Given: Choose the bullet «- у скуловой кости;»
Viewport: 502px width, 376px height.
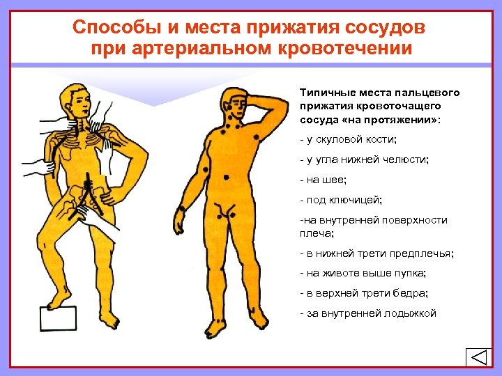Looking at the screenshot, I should pos(347,139).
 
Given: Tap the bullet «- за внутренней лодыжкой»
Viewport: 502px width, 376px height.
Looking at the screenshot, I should pos(367,313).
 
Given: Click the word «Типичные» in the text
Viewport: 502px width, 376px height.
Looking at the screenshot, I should pos(326,93).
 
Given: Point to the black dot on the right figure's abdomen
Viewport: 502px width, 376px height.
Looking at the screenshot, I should pos(227,178).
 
